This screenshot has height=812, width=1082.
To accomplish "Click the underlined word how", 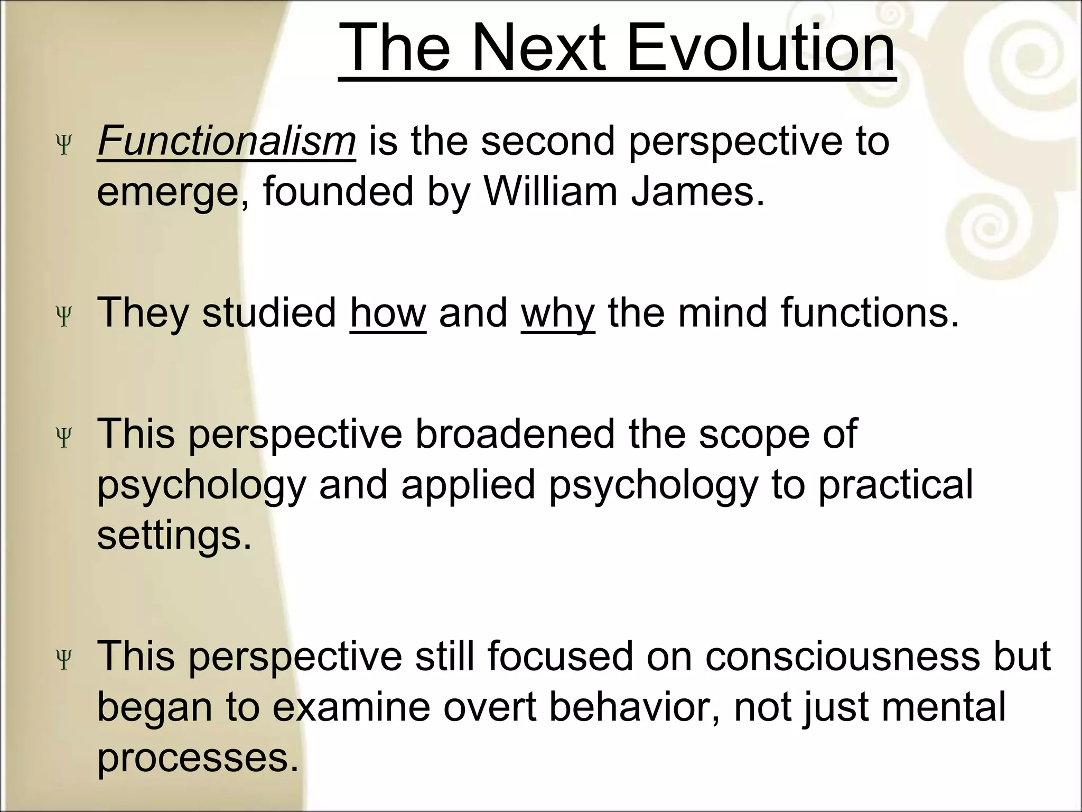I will [x=388, y=313].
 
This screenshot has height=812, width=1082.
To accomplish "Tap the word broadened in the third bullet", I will [x=515, y=434].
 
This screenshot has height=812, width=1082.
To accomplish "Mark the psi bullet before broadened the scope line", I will [x=64, y=438].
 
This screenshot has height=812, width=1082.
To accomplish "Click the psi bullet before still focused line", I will [x=64, y=660].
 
